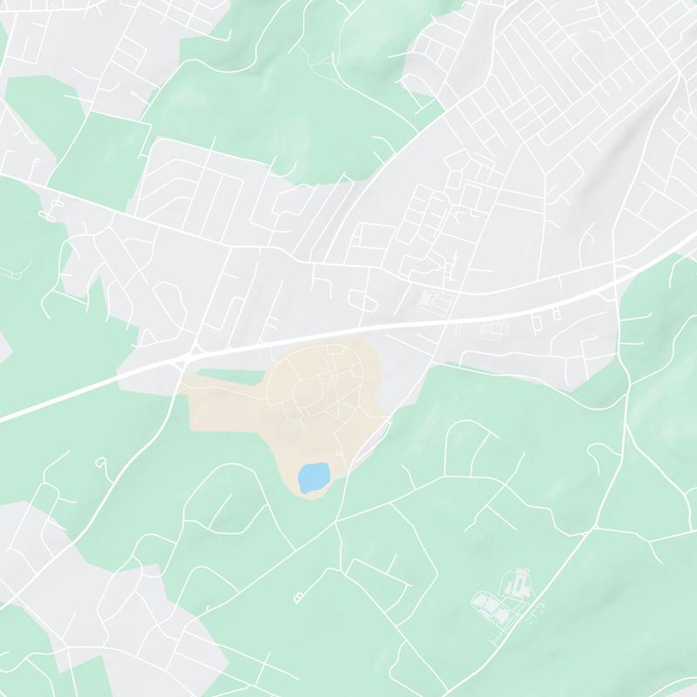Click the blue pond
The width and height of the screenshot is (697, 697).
click(x=313, y=477)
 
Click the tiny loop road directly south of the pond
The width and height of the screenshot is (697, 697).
click(x=300, y=596)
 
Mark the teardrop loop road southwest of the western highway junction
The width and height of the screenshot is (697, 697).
click(x=101, y=462)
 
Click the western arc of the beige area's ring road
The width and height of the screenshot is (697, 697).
click(x=281, y=383)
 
